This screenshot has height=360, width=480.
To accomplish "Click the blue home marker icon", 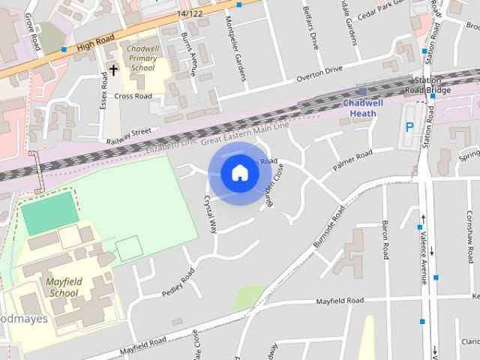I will coord(239,173).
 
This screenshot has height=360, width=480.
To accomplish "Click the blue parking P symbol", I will coord(409,127).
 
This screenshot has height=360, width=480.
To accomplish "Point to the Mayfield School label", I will coord(64,287).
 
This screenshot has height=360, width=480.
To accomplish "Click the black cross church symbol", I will coord(113,70).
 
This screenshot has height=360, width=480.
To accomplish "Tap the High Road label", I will coord(96,45).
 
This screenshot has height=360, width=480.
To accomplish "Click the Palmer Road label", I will coord(353,159).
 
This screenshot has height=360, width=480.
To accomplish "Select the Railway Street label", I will coord(128,134).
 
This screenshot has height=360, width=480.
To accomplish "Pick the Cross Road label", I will coord(133,96).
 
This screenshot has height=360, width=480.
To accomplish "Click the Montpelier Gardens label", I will coord(241,58).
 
